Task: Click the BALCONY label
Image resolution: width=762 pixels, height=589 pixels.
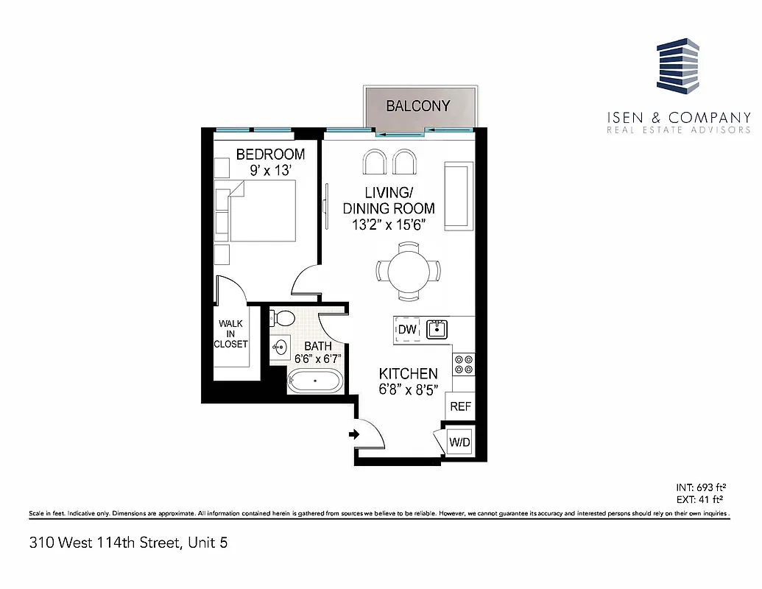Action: [x=417, y=106]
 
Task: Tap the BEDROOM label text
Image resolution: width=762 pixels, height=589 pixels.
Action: [x=270, y=154]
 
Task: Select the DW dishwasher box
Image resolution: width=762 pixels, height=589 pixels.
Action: [x=406, y=330]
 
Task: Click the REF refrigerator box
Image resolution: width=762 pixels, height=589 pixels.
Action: [x=460, y=406]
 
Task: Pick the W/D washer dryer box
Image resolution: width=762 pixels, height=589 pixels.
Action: [x=460, y=442]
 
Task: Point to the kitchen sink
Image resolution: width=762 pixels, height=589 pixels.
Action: [x=437, y=328]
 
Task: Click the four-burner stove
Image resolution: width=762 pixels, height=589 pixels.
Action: [x=465, y=364]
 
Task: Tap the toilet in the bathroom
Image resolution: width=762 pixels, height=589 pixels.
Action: [x=282, y=319]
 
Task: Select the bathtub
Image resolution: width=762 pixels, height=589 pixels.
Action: [x=314, y=382]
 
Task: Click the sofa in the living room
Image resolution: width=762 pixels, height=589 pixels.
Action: [x=456, y=197]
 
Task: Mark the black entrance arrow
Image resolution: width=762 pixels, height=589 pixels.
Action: [x=353, y=434]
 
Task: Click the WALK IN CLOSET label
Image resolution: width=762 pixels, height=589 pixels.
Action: [x=230, y=334]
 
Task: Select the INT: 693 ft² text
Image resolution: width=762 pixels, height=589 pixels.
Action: [x=702, y=487]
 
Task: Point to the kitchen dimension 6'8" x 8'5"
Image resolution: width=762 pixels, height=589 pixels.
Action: [x=408, y=390]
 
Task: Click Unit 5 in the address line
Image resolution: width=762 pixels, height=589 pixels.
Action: [x=211, y=544]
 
